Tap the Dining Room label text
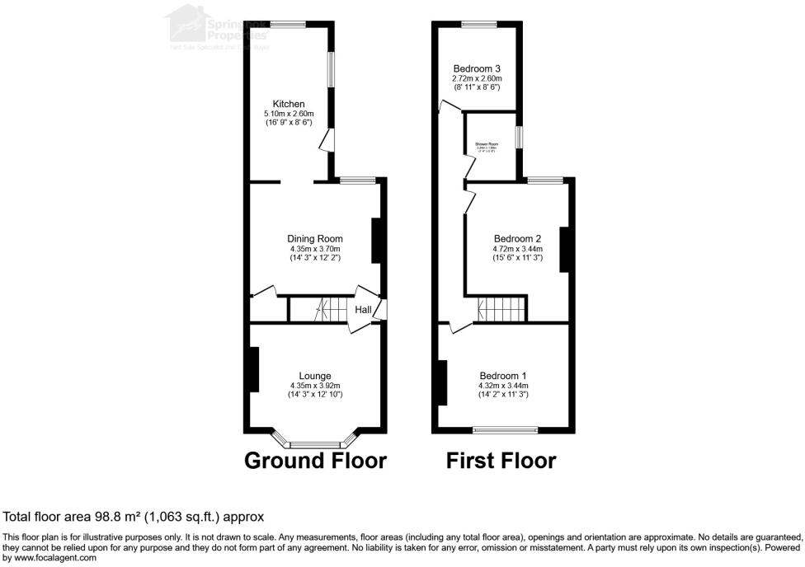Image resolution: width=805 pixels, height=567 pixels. tap(314, 239)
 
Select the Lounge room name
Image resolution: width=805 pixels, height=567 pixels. tap(314, 376)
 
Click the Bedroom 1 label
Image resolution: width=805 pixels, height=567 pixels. tap(502, 376)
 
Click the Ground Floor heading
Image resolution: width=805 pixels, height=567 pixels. tap(315, 460)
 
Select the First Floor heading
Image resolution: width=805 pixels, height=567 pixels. tap(501, 460)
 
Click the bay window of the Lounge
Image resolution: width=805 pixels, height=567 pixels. tap(314, 442)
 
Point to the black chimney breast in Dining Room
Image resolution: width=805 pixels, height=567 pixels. tap(377, 241)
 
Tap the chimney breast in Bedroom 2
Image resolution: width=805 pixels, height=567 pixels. tap(566, 250)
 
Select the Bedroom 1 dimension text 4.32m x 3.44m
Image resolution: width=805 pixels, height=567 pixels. tap(502, 386)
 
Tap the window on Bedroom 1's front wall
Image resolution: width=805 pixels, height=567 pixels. tap(504, 430)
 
